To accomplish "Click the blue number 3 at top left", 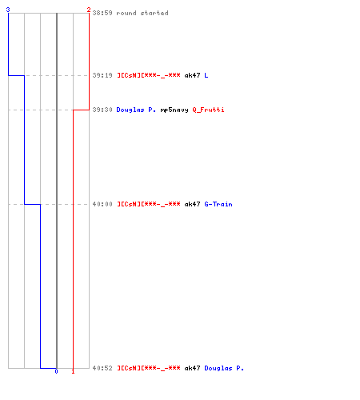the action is [x=8, y=10].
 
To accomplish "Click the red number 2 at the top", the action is [x=89, y=10].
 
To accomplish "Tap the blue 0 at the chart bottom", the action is [x=56, y=371].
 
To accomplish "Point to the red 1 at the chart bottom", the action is [x=73, y=371].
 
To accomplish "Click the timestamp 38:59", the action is [x=102, y=13].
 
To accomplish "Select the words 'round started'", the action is [x=142, y=13].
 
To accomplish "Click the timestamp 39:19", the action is [x=102, y=75].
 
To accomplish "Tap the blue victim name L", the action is [x=206, y=75].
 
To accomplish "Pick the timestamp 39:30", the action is [x=102, y=110].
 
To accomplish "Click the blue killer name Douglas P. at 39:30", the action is [x=136, y=110].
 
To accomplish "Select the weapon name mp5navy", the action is [x=174, y=110].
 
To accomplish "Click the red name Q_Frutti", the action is [x=208, y=110].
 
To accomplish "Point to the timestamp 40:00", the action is [x=102, y=204].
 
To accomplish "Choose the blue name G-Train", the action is [x=218, y=204].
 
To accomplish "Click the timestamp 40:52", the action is [x=102, y=368].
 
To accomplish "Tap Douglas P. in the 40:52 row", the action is [x=224, y=368].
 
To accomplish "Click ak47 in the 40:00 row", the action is [x=192, y=204].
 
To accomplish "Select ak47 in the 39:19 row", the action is [x=192, y=75].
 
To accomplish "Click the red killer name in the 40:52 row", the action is [x=149, y=368].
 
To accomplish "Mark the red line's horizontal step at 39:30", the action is [x=81, y=110].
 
